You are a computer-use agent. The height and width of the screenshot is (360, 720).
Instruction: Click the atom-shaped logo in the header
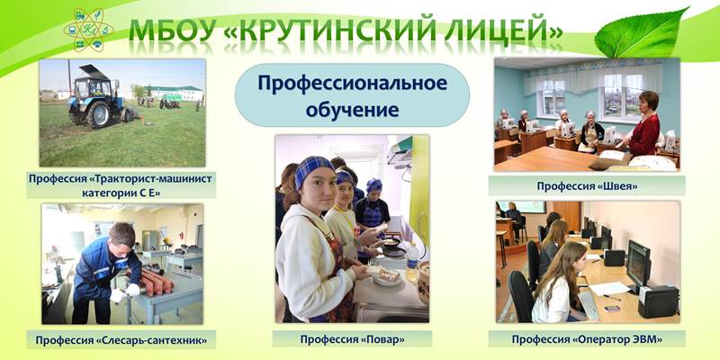point(88,30)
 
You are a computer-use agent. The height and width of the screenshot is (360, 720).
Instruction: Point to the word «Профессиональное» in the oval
point(352,84)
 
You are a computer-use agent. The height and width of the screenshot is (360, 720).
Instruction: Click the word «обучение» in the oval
point(352,110)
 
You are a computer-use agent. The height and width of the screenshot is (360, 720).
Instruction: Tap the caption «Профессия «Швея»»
point(587,186)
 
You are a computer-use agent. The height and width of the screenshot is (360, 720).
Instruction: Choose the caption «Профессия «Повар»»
point(352,339)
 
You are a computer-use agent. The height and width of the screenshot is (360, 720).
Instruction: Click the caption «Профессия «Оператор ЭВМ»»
point(587,339)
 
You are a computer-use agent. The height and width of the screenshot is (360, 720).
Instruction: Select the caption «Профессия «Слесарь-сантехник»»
point(121,340)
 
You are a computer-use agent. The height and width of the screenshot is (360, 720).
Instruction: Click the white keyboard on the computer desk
point(589,306)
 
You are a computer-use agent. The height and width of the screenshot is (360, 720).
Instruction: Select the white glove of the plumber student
point(133,290)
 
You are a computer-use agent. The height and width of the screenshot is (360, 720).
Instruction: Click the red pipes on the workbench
point(156,281)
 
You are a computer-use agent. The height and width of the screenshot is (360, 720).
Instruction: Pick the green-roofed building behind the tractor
point(174,93)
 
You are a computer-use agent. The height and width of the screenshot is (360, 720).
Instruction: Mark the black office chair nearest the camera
point(521,297)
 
